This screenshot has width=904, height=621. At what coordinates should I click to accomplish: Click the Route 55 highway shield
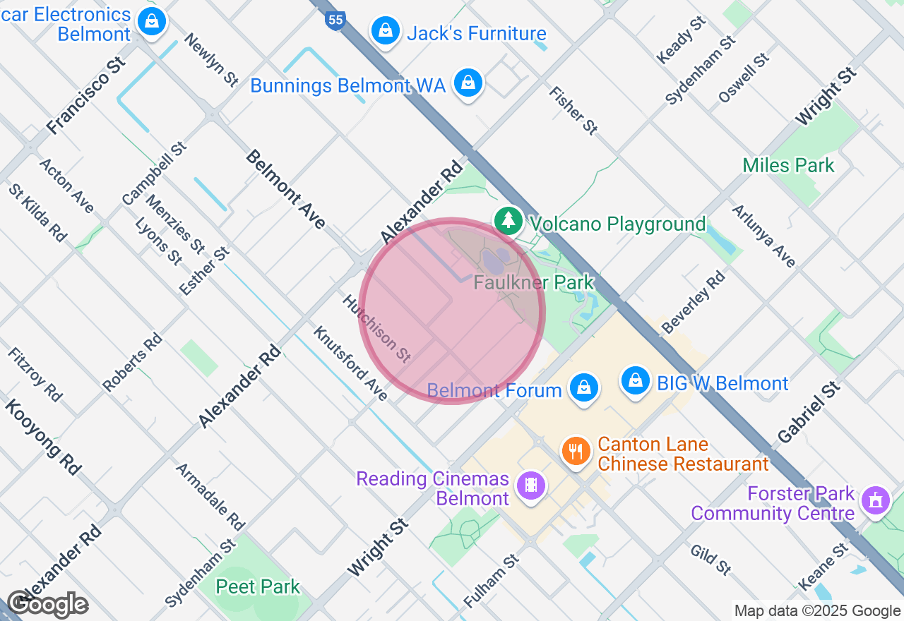335,20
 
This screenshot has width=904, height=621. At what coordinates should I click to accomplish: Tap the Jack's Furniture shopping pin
386,30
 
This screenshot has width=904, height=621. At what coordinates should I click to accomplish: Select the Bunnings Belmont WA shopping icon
468,83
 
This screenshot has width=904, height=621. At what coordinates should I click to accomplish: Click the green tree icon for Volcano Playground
507,221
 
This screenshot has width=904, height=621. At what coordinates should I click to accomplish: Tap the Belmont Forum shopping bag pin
583,387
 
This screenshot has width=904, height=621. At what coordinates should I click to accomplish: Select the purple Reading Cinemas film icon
530,486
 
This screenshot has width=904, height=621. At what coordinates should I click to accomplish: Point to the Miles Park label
788,166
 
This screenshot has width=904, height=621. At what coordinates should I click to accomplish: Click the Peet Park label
258,586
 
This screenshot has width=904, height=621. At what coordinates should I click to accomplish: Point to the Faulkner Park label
534,282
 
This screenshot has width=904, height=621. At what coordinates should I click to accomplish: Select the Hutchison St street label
376,329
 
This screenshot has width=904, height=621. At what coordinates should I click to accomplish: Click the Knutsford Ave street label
350,363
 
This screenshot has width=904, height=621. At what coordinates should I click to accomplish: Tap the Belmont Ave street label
285,189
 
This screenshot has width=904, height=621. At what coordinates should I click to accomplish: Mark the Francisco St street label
86,96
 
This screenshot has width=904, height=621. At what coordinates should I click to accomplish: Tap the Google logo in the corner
48,605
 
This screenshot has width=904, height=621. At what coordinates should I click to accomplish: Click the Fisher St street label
573,110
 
